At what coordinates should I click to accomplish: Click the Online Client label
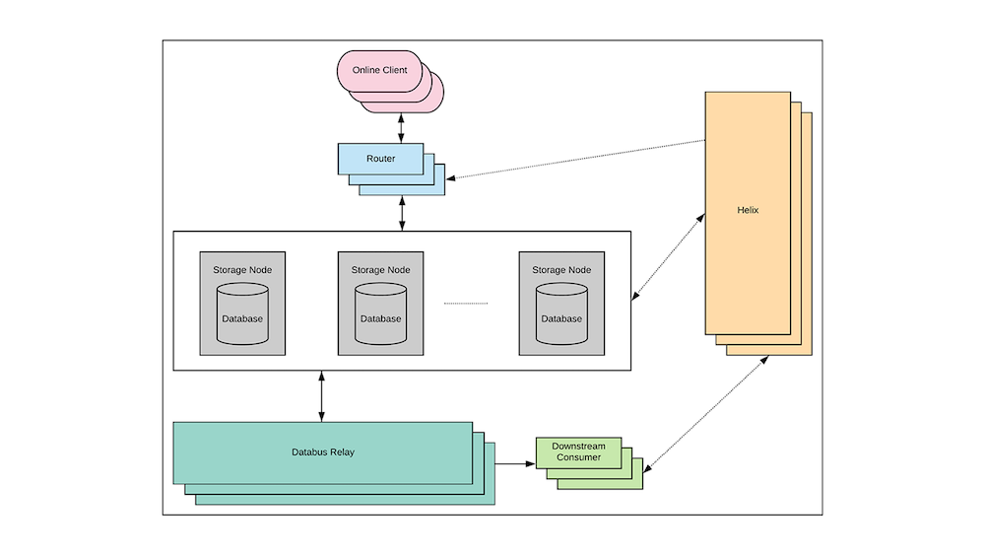point(379,70)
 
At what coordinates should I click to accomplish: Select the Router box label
point(380,158)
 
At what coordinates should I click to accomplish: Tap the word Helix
point(747,210)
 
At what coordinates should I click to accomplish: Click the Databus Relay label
point(322,451)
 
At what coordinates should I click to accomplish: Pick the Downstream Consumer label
point(578,451)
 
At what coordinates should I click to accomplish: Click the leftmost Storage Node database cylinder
point(242,313)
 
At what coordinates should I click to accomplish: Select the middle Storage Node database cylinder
point(380,313)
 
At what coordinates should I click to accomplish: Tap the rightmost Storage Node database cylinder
point(561,313)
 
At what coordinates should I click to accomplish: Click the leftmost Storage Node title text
point(242,269)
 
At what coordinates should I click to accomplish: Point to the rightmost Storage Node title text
point(561,269)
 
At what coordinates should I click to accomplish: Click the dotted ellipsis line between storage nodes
point(466,304)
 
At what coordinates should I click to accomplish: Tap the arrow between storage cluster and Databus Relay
point(322,396)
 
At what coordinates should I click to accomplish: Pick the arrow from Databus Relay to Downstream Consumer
point(514,462)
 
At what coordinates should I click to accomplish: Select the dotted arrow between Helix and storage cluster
point(668,255)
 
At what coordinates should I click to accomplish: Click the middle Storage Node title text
point(380,269)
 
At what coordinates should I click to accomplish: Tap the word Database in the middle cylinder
point(380,318)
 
